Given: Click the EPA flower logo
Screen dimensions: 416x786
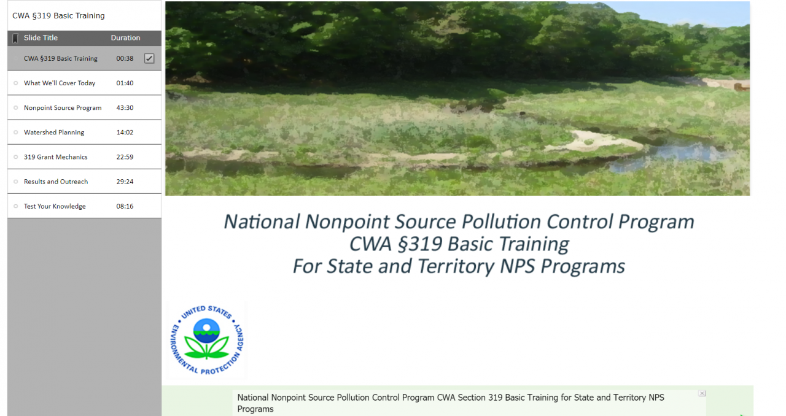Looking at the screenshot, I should click(x=206, y=339).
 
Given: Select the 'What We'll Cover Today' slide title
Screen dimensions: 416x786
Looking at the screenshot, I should click(x=60, y=83).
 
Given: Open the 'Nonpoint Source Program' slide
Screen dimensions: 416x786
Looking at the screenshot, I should click(x=63, y=108).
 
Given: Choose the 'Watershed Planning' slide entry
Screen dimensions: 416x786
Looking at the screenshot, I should click(x=54, y=133).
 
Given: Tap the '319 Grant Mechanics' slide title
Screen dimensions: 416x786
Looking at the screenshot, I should click(x=55, y=157).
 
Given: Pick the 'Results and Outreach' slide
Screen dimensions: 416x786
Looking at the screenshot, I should click(x=56, y=182).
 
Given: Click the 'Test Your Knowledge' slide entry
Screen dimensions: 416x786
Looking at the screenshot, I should click(x=55, y=206).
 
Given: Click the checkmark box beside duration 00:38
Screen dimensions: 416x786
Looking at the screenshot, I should click(x=149, y=58).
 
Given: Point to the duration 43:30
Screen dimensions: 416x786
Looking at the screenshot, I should click(x=125, y=108).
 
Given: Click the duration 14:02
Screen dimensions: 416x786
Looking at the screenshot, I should click(x=125, y=133).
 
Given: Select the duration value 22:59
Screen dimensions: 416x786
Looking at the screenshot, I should click(x=125, y=157).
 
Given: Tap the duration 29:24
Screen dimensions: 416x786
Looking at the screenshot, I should click(x=125, y=182).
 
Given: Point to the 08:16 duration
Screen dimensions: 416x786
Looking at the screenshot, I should click(x=125, y=206).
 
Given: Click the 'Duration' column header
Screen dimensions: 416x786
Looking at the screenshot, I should click(x=125, y=38).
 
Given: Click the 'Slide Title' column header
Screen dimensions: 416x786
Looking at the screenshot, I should click(x=41, y=38).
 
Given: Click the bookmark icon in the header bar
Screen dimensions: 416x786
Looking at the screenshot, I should click(x=15, y=38).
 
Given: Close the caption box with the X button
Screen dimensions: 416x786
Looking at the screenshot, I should click(x=702, y=393).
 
